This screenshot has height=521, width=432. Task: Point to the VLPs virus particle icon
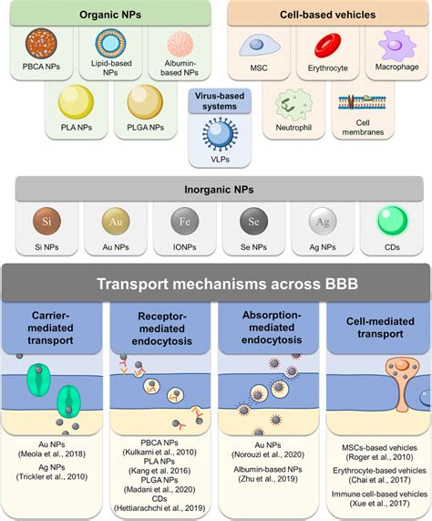(x=217, y=133)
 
